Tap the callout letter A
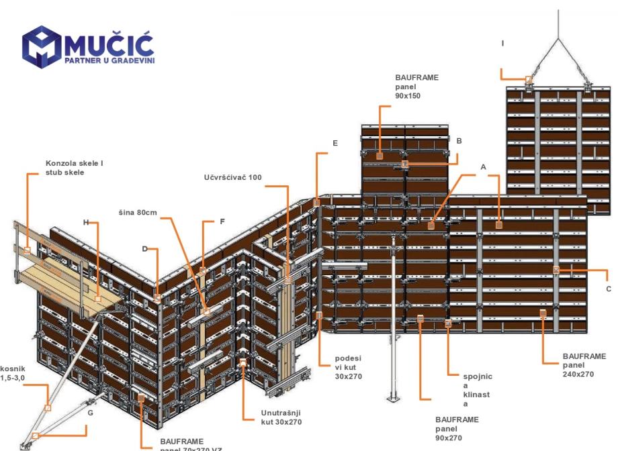[483, 165]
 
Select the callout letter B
[459, 141]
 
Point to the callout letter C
[609, 289]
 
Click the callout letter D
[144, 248]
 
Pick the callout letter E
[335, 143]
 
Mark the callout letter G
[91, 413]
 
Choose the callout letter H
[86, 221]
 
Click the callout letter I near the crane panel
[502, 43]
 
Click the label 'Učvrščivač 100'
[233, 177]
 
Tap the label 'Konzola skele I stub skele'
[75, 166]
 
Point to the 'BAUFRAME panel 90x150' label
[416, 87]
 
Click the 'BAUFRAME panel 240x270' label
[584, 364]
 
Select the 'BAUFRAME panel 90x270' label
[457, 428]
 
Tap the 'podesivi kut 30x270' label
[348, 368]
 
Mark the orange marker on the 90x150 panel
[380, 155]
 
